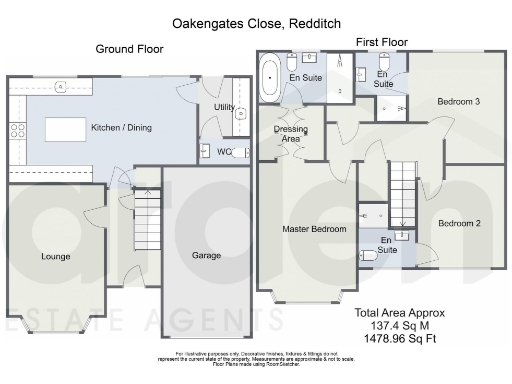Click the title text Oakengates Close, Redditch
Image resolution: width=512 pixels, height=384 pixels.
pos(255,21)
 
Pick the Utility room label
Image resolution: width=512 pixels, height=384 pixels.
pos(224,107)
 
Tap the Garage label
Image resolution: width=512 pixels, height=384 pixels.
pos(207,256)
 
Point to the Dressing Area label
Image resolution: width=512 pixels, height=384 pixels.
pos(291,135)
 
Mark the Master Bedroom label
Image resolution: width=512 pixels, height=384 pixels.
pos(314,229)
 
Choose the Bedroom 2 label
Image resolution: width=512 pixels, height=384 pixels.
pos(460,223)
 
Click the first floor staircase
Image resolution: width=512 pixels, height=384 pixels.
pos(402,192)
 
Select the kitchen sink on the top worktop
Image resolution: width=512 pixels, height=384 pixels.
pos(61,87)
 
